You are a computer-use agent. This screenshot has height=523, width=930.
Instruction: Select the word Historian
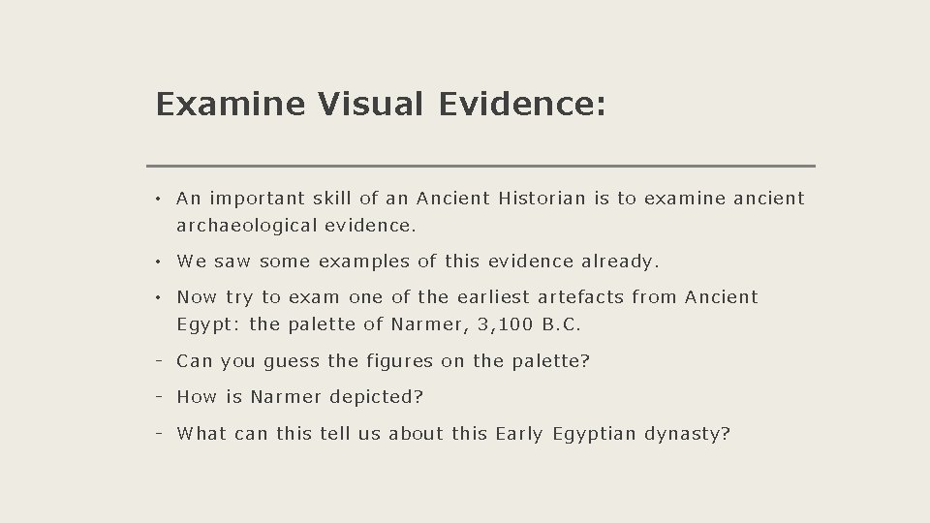click(542, 199)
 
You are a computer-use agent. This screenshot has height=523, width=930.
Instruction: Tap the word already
click(620, 261)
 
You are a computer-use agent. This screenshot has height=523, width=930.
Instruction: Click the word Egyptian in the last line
click(594, 434)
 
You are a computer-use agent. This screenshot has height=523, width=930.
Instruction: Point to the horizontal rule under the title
click(480, 166)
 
